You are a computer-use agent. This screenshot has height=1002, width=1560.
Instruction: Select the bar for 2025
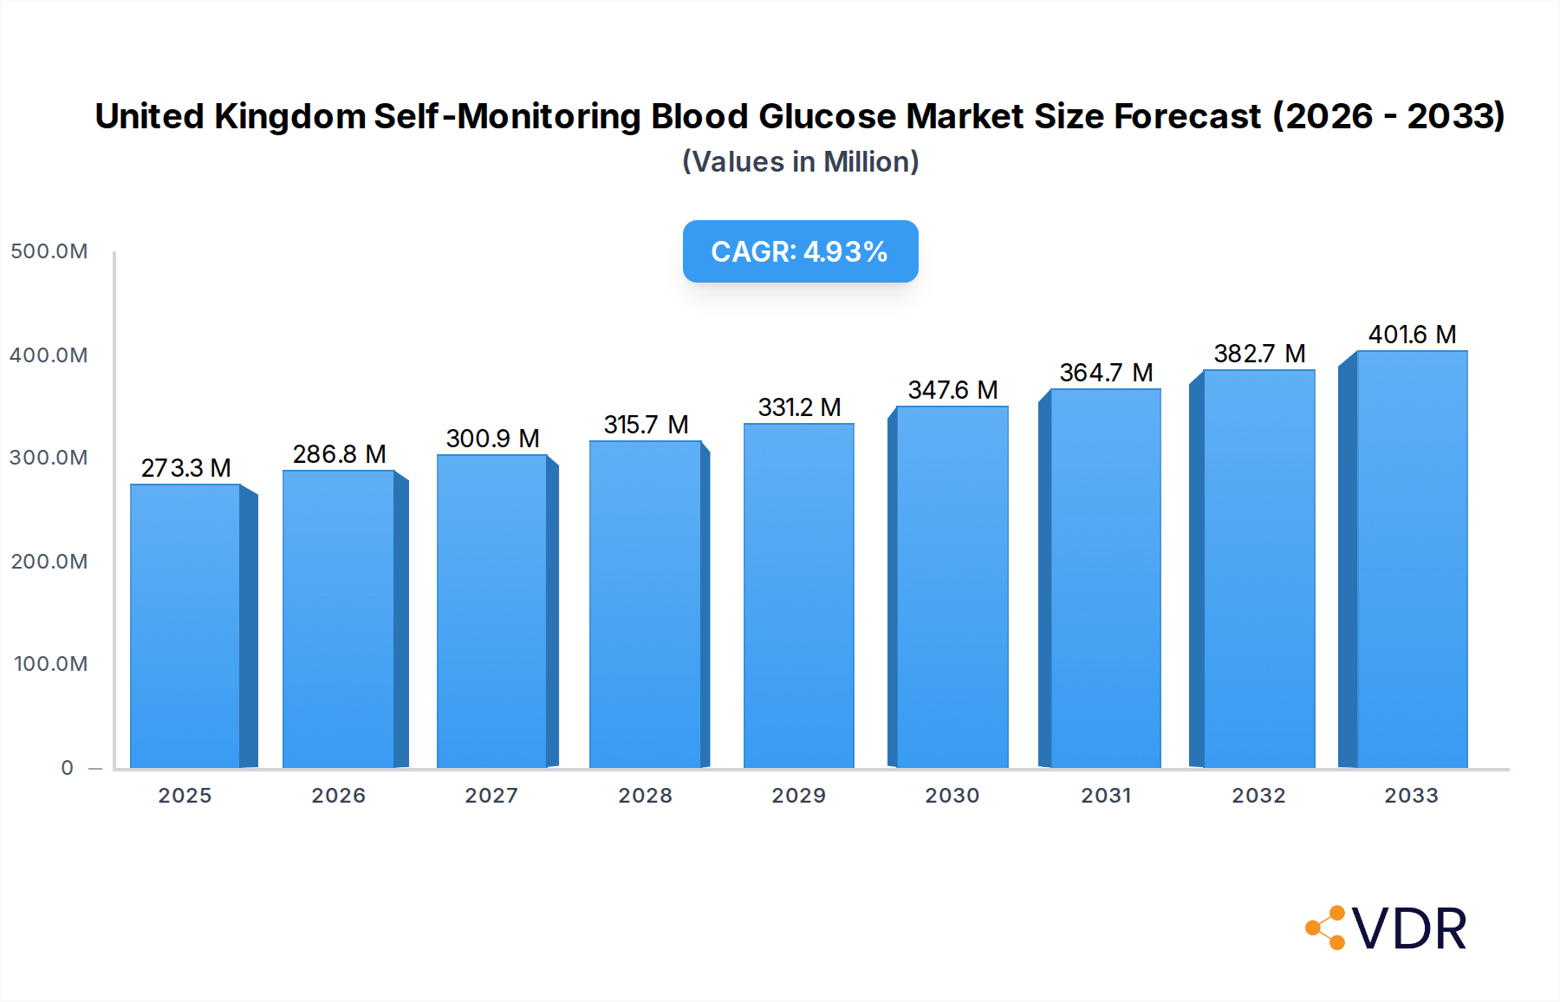coord(185,626)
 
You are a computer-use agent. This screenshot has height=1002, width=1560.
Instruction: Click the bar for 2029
coord(799,595)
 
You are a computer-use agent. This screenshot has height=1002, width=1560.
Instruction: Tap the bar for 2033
coord(1412,559)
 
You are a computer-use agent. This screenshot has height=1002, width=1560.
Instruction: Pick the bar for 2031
coord(1106,578)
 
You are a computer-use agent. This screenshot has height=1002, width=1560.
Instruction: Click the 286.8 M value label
coord(339,454)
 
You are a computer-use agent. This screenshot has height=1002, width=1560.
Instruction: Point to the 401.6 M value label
coord(1412,335)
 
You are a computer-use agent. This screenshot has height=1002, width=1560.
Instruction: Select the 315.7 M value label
coord(646,425)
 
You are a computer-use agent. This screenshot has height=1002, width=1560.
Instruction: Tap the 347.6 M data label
coord(952,390)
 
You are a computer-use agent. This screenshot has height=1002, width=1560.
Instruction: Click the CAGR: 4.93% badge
coord(800,251)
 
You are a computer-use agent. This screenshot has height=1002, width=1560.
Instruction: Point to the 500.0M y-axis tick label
coord(49,251)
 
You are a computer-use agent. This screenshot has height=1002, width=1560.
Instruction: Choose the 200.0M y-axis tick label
coord(49,562)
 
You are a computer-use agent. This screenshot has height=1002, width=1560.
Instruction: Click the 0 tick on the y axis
coord(67,768)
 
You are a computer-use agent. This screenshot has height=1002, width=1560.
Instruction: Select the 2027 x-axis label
coord(491,796)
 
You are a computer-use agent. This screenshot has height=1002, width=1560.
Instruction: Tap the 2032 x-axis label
coord(1258,796)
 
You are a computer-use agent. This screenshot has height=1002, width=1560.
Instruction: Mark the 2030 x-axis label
coord(952,796)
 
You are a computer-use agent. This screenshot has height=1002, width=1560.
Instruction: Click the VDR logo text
coord(1409,929)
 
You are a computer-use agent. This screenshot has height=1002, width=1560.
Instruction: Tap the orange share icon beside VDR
coord(1326,928)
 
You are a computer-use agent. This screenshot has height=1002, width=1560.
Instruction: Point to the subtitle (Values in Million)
coord(800,162)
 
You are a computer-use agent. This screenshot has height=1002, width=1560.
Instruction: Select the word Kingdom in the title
coord(290,116)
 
